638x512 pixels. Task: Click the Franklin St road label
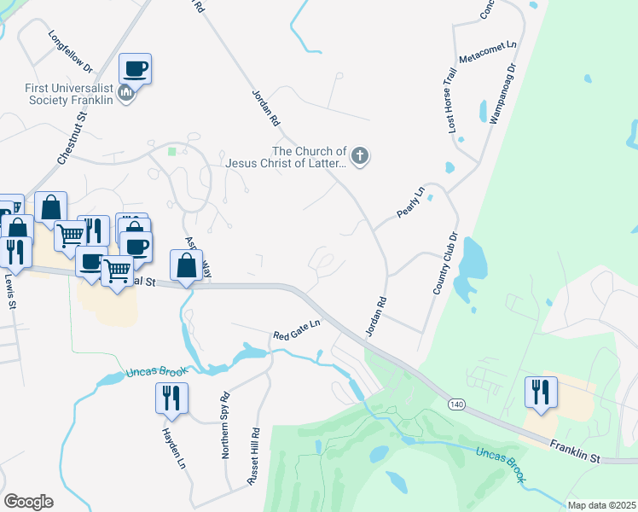pyautogui.click(x=576, y=451)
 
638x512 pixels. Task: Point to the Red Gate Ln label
pyautogui.click(x=296, y=330)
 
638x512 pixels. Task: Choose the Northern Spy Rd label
pyautogui.click(x=227, y=426)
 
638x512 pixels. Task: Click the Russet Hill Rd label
pyautogui.click(x=253, y=457)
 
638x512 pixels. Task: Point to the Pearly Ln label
pyautogui.click(x=409, y=201)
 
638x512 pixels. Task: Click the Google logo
pyautogui.click(x=28, y=501)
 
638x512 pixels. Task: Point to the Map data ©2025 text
pyautogui.click(x=600, y=505)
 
